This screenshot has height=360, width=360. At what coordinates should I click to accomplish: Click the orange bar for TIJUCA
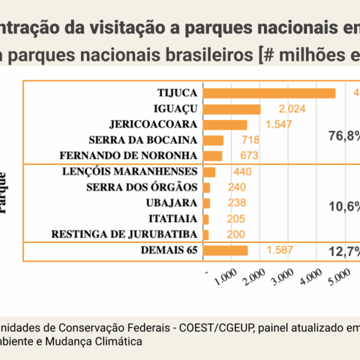coord(269,93)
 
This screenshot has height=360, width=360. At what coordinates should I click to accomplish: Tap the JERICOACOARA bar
coord(226,125)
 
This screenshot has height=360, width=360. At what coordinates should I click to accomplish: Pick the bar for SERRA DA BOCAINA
coord(214,140)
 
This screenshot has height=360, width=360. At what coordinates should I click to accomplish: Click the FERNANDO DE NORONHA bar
coord(213,156)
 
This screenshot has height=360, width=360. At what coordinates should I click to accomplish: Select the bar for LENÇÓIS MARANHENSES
coord(209,172)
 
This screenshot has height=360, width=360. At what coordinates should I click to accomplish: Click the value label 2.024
coord(292,109)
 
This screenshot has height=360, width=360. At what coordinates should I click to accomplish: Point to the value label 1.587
coord(280,250)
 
